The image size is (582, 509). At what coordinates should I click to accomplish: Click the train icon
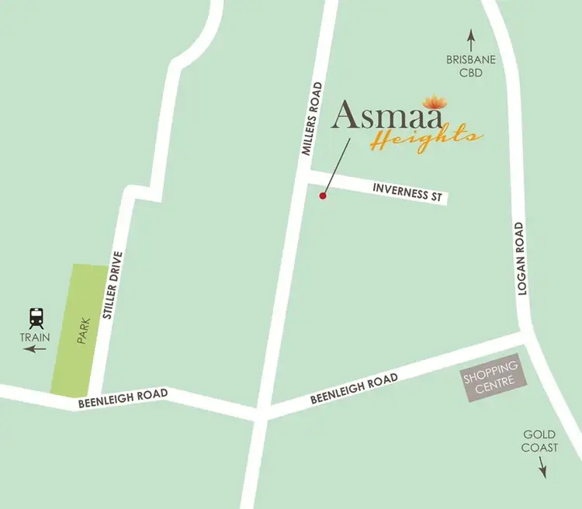tap(36, 317)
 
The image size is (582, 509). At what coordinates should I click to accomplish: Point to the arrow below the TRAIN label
tap(35, 349)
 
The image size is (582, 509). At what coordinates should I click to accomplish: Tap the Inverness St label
tap(407, 192)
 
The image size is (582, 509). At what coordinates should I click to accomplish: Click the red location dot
tap(323, 196)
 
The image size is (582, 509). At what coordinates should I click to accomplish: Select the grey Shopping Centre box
tap(490, 379)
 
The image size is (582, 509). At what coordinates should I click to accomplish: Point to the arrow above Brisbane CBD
tap(469, 37)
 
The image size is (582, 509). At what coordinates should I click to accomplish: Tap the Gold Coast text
tap(539, 441)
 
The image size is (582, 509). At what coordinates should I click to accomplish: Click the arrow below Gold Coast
tap(542, 468)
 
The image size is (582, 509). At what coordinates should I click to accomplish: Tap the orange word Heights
tap(424, 138)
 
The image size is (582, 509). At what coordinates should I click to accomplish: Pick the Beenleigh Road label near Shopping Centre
tap(354, 388)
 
